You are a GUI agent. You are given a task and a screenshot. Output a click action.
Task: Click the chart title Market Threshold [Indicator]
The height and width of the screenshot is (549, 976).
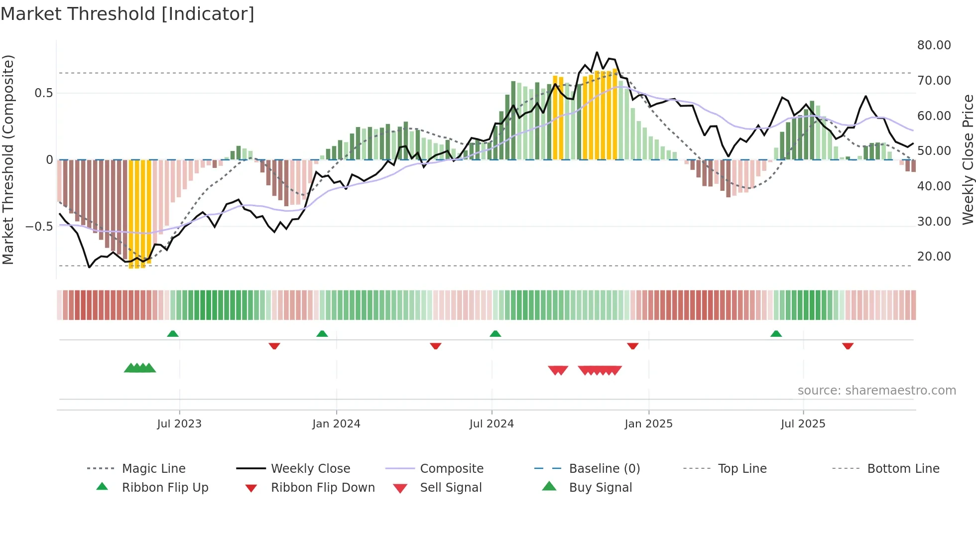pyautogui.click(x=127, y=14)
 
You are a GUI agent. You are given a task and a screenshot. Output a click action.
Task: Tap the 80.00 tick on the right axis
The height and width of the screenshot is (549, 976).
pyautogui.click(x=934, y=45)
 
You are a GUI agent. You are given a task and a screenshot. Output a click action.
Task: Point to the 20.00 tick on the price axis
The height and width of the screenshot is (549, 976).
pyautogui.click(x=934, y=257)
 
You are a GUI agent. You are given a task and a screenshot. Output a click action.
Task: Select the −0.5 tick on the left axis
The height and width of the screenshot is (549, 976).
pyautogui.click(x=39, y=227)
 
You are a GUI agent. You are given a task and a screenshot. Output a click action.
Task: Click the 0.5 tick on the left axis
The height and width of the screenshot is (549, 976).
pyautogui.click(x=43, y=93)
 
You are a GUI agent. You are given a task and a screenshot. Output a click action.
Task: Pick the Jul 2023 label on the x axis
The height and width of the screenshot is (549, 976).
pyautogui.click(x=179, y=424)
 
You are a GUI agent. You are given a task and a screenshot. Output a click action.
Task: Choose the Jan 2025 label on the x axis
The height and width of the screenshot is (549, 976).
pyautogui.click(x=648, y=424)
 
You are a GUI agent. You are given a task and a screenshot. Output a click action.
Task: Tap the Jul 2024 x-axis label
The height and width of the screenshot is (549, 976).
pyautogui.click(x=491, y=424)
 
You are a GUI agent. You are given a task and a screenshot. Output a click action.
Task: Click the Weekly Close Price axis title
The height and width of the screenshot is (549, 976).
pyautogui.click(x=968, y=159)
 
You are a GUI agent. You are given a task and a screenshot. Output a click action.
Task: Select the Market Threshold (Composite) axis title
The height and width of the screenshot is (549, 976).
pyautogui.click(x=8, y=159)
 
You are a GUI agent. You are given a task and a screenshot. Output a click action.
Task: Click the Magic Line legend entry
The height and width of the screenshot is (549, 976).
pyautogui.click(x=153, y=469)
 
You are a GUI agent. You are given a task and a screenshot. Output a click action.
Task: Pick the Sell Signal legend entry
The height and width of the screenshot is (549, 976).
pyautogui.click(x=451, y=488)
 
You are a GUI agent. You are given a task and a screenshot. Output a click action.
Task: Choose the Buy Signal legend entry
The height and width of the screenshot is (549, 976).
pyautogui.click(x=600, y=488)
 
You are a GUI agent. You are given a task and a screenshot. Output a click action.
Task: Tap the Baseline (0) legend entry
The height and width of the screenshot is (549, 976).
pyautogui.click(x=604, y=469)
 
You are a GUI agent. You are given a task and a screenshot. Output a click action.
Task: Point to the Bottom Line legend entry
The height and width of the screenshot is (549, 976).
pyautogui.click(x=903, y=469)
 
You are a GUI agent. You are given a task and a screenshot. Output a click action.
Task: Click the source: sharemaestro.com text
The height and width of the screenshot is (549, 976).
pyautogui.click(x=876, y=391)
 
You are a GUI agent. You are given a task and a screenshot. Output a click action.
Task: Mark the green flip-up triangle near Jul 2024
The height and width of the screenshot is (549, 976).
pyautogui.click(x=495, y=334)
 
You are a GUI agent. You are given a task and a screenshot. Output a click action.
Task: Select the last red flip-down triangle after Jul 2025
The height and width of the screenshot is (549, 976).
pyautogui.click(x=848, y=346)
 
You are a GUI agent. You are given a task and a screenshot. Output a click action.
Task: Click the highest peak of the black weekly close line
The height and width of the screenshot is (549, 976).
pyautogui.click(x=597, y=52)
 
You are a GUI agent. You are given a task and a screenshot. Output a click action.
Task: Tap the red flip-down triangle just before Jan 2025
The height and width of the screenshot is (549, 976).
pyautogui.click(x=632, y=346)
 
